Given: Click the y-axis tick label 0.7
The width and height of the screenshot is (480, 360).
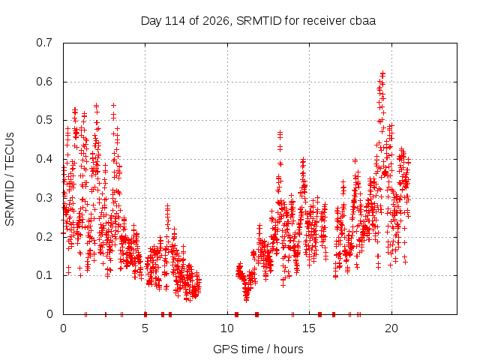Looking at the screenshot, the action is point(44,43).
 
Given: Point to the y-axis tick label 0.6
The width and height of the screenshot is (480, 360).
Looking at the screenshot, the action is point(44,82).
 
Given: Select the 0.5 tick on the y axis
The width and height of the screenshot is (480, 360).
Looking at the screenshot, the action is point(44,120).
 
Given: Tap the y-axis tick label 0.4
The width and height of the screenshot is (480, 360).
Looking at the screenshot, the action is point(44,159).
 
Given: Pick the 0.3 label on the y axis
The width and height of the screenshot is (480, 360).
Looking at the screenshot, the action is point(44,198).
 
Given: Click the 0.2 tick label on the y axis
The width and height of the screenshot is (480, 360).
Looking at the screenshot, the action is point(44,237).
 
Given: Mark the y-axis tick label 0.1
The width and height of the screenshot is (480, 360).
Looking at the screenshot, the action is point(44,275).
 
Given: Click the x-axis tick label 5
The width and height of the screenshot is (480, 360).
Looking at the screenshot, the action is point(145,328).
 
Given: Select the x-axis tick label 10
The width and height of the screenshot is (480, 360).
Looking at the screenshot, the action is point(227,328).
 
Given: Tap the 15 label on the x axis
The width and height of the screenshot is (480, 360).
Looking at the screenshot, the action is point(309,328).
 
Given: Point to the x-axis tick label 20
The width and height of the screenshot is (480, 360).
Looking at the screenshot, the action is point(391,328).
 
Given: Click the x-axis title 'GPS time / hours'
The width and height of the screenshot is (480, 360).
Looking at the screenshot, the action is point(258,349).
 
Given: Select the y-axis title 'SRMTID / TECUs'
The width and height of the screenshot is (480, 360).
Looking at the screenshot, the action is point(10,179).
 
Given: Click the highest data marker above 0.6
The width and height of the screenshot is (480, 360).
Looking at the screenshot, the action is point(382,73).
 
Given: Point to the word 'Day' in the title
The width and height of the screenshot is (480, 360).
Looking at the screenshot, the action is point(151,21).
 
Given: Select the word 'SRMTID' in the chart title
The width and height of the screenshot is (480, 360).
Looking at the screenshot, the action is point(259,21).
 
